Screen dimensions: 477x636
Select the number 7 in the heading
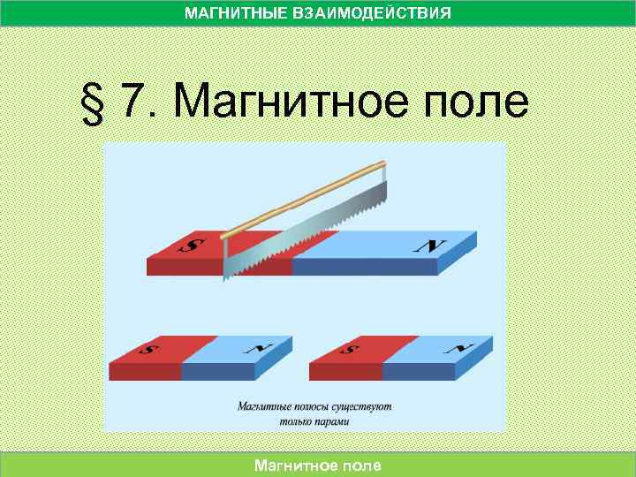(x=132, y=103)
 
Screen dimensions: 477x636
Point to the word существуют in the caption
(x=365, y=408)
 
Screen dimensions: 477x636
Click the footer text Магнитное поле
(x=318, y=465)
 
